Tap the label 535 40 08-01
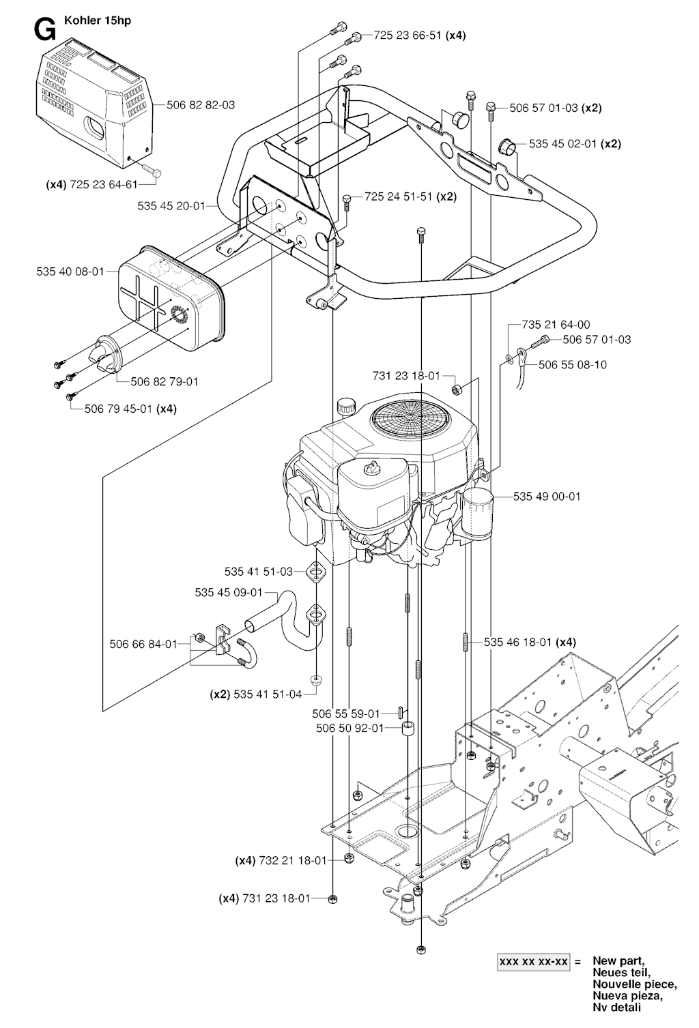(x=70, y=271)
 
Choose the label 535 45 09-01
(x=229, y=593)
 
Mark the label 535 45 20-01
(x=171, y=205)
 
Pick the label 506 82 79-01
(x=165, y=381)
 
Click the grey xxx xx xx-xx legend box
(x=533, y=962)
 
